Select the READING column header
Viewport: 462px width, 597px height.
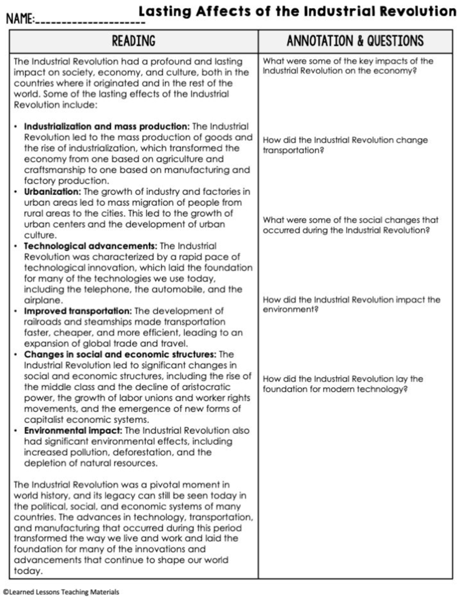133,41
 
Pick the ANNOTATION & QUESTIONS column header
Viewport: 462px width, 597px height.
355,41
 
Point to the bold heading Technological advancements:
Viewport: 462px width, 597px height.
90,246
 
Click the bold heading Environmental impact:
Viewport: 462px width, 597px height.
73,431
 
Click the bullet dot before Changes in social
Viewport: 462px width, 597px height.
15,354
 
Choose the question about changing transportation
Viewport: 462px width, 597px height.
345,145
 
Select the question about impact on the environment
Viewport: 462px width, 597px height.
351,304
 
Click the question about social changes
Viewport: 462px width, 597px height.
350,225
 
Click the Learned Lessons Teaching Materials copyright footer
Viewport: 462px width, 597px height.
61,592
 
